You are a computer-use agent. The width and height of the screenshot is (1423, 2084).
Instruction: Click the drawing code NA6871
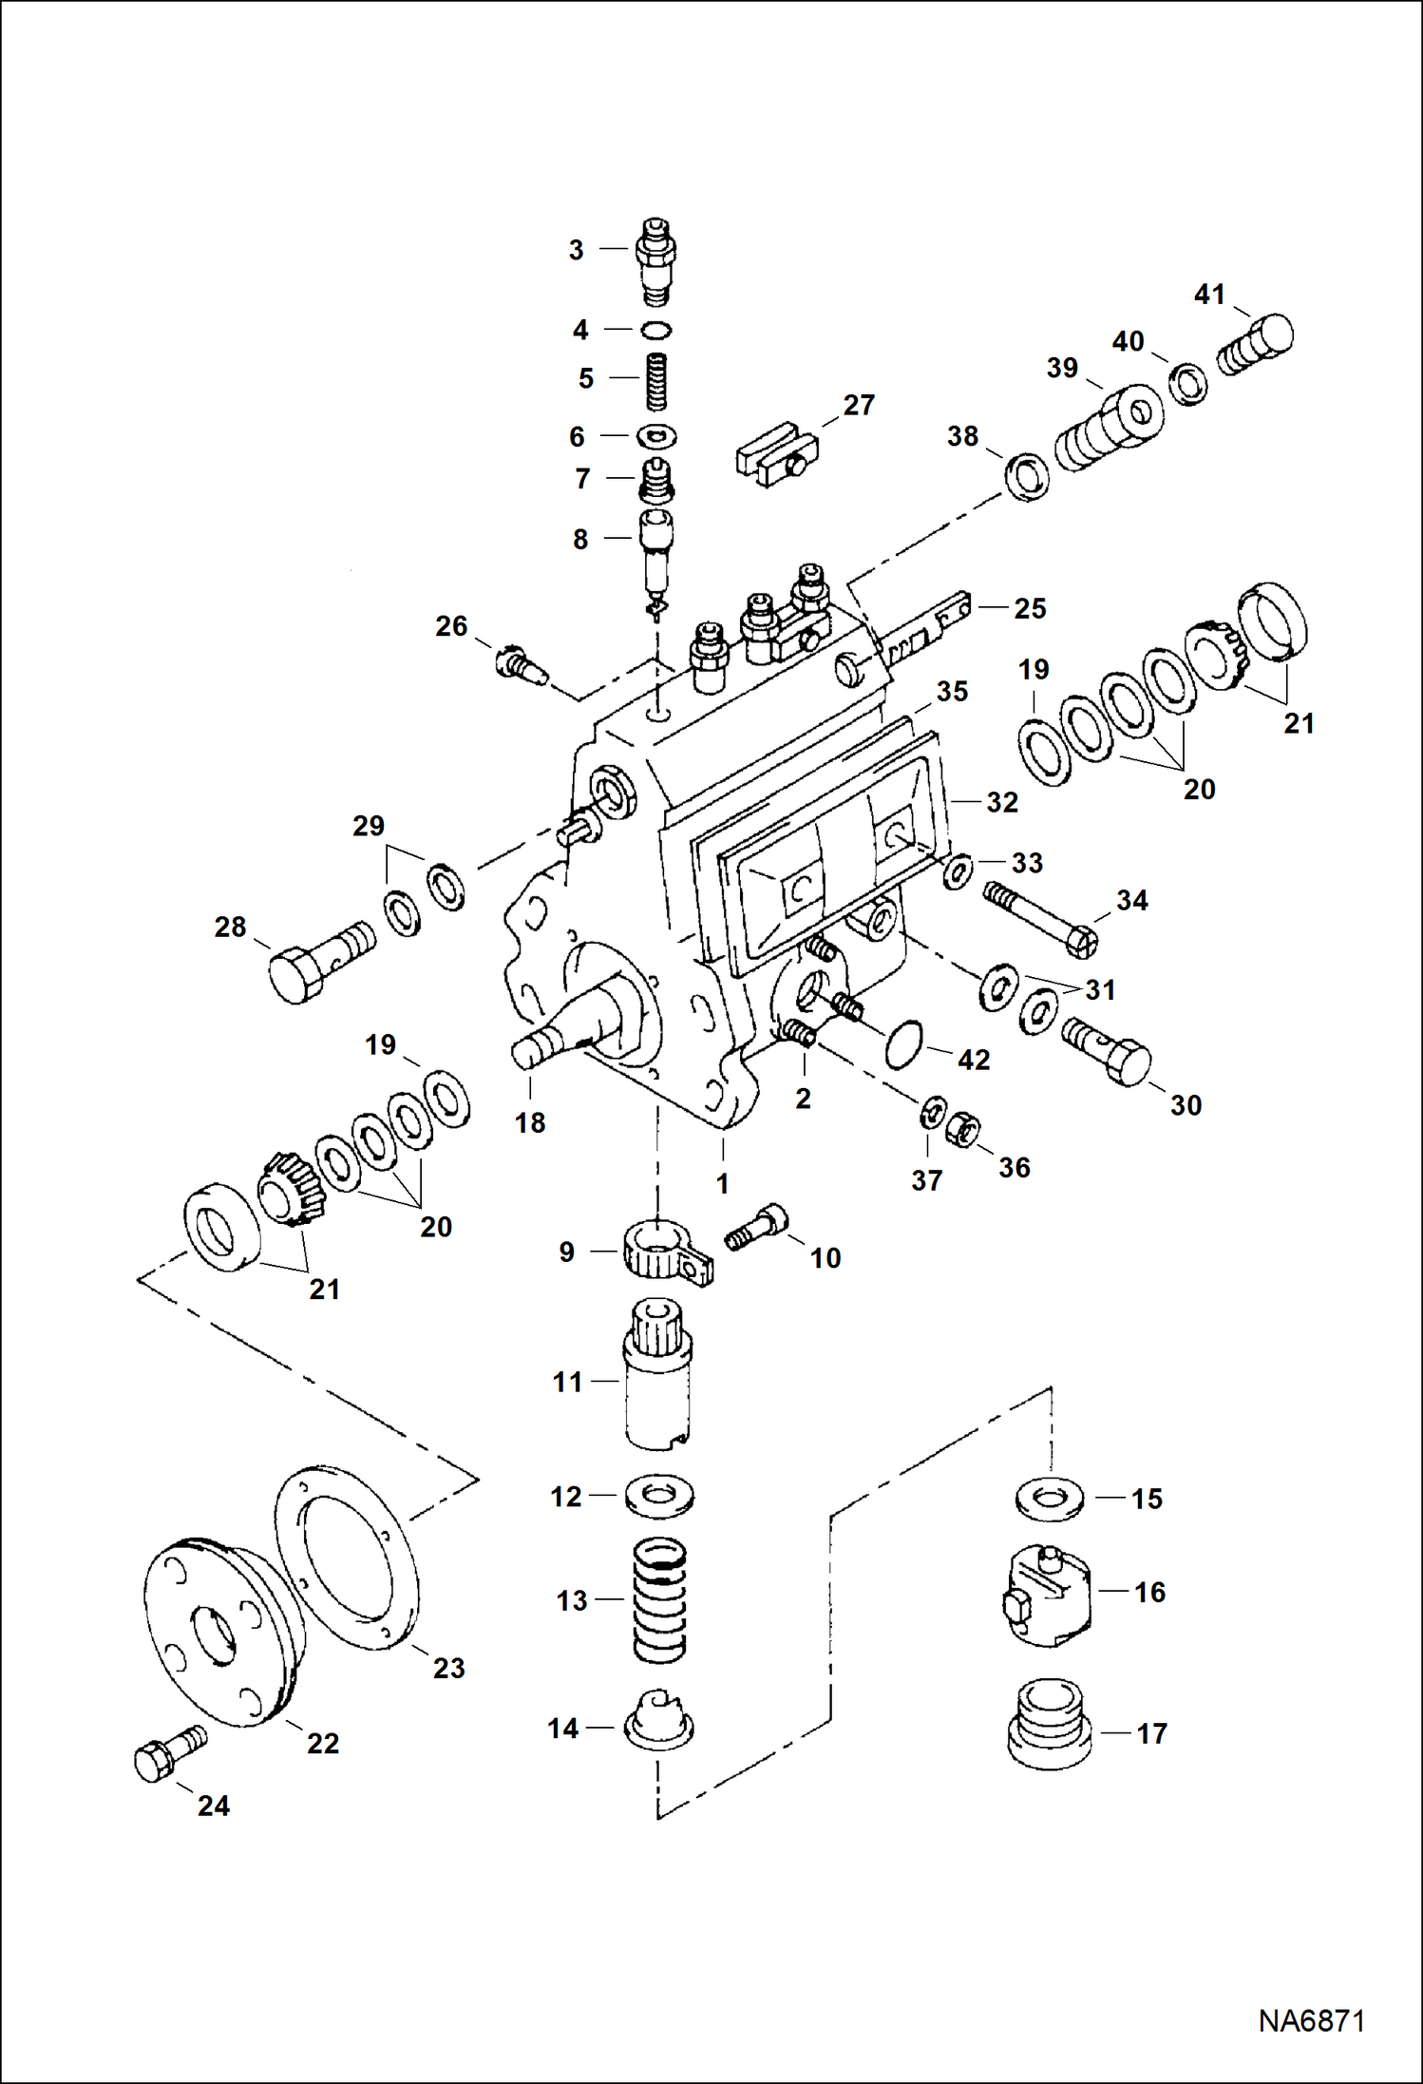point(1311,2019)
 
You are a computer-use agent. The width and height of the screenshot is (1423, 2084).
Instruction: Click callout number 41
point(1208,295)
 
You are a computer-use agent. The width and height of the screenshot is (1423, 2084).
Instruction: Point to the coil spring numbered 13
point(659,1600)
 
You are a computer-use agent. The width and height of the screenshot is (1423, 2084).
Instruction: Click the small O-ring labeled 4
point(655,330)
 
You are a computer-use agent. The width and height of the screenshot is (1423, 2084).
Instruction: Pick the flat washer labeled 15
point(1049,1499)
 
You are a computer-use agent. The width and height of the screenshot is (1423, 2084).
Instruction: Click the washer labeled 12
point(659,1496)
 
